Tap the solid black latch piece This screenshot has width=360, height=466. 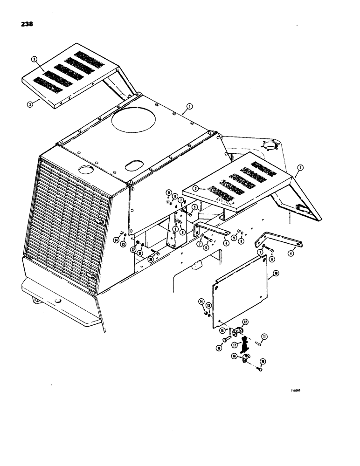243,345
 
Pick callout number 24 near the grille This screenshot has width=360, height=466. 116,240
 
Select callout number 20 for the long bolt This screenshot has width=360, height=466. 151,259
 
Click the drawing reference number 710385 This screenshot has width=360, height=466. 295,392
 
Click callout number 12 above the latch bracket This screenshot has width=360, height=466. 245,322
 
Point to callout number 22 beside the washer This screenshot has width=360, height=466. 133,250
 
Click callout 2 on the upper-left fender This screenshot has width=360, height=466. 34,59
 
